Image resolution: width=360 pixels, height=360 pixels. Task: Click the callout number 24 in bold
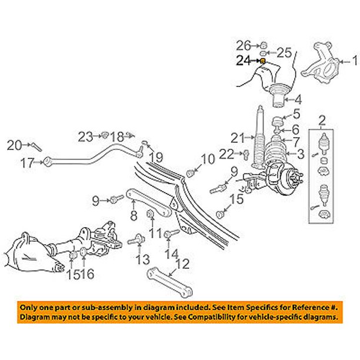pos(244,60)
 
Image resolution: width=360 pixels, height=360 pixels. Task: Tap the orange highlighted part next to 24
pos(262,61)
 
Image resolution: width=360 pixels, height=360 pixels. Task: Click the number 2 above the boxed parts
pos(322,122)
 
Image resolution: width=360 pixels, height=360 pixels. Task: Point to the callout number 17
pos(27,164)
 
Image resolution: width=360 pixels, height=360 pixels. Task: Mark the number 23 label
pos(86,137)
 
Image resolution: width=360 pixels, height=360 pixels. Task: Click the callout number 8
pos(134,216)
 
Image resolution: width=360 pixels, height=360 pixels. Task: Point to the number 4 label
pos(298,99)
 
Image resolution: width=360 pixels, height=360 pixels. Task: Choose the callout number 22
pos(225,154)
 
